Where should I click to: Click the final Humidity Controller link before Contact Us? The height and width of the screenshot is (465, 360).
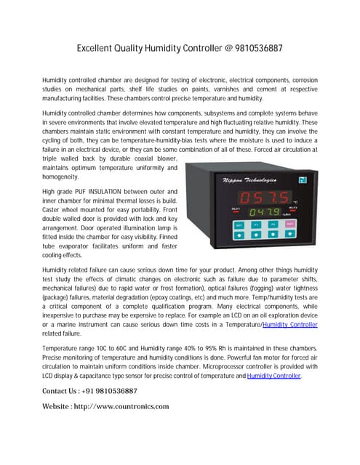[273, 376]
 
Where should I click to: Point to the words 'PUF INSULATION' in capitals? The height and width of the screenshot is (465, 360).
[111, 190]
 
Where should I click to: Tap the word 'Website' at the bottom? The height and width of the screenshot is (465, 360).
[60, 406]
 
